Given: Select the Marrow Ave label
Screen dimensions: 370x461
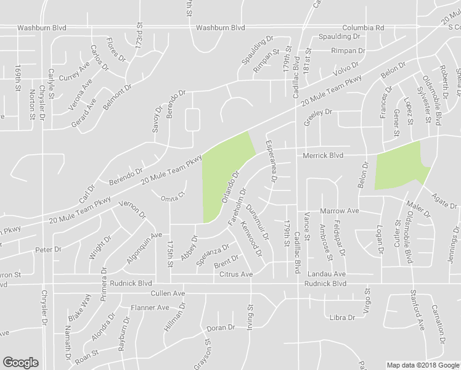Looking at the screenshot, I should click(x=339, y=211).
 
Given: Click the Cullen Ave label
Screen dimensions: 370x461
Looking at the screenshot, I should click(x=169, y=294).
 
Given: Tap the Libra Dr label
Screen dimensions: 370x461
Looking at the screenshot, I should click(x=343, y=318).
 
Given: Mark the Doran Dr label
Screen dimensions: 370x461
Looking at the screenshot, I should click(x=221, y=328).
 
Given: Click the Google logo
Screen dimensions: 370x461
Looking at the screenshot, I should click(x=20, y=363).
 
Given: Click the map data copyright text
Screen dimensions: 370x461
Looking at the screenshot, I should click(x=422, y=365).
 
